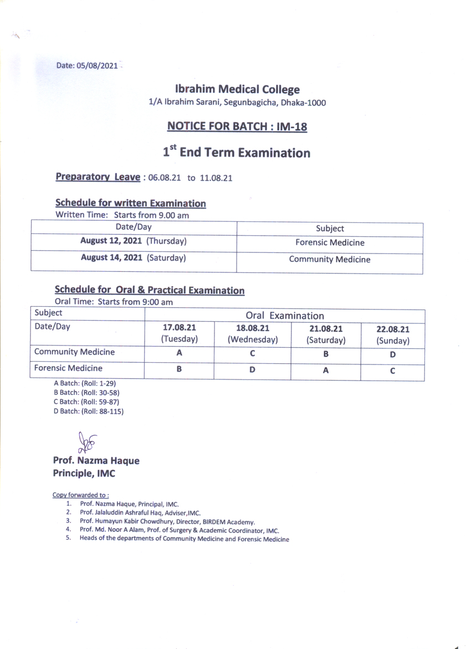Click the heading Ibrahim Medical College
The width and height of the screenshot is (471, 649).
pyautogui.click(x=237, y=89)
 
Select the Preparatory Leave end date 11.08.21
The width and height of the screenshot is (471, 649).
pyautogui.click(x=216, y=178)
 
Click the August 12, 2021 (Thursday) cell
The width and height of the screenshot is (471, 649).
pyautogui.click(x=133, y=241)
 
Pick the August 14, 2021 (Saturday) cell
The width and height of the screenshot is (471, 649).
pyautogui.click(x=133, y=258)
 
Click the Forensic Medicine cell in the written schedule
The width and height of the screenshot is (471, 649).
pyautogui.click(x=330, y=242)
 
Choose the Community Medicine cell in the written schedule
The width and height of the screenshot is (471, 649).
pyautogui.click(x=330, y=259)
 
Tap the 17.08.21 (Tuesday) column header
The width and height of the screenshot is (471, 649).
pyautogui.click(x=178, y=333)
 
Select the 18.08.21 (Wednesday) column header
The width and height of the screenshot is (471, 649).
pyautogui.click(x=252, y=333)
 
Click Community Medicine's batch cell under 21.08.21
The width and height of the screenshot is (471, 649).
pyautogui.click(x=326, y=353)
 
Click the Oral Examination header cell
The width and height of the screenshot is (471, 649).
pyautogui.click(x=285, y=316)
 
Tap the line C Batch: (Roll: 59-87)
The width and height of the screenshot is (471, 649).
pyautogui.click(x=86, y=402)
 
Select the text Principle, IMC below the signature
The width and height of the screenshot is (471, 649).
pyautogui.click(x=84, y=474)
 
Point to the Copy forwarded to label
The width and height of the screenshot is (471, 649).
pyautogui.click(x=80, y=495)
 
